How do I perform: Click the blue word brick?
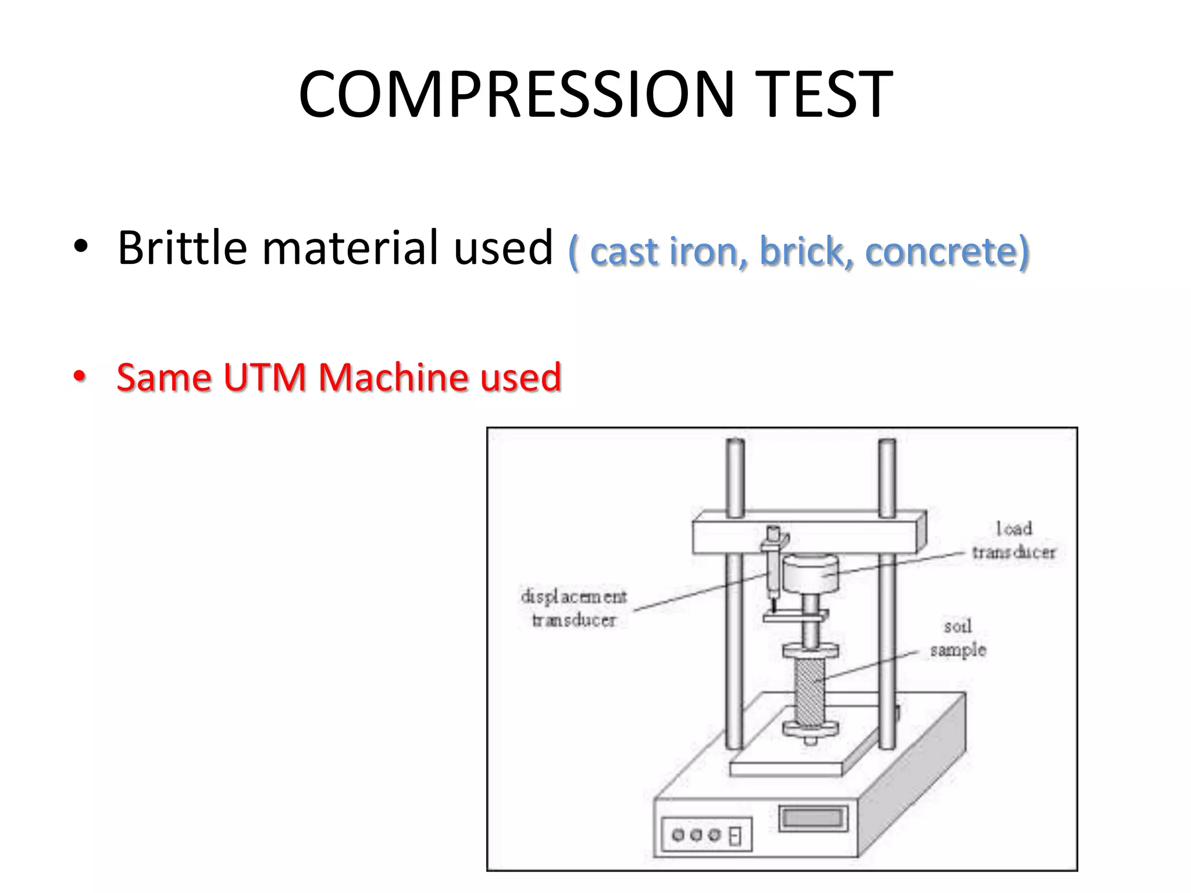click(x=807, y=252)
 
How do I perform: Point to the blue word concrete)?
click(x=947, y=252)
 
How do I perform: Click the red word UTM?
click(x=265, y=377)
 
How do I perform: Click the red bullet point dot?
click(x=80, y=377)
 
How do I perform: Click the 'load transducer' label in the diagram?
click(x=1014, y=541)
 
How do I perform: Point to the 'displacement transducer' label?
click(x=574, y=608)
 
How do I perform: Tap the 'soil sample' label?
click(x=958, y=638)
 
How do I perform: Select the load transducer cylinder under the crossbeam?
click(x=810, y=573)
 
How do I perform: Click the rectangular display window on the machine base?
click(x=813, y=818)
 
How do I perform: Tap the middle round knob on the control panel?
click(x=696, y=835)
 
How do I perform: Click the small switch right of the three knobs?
click(x=736, y=836)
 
